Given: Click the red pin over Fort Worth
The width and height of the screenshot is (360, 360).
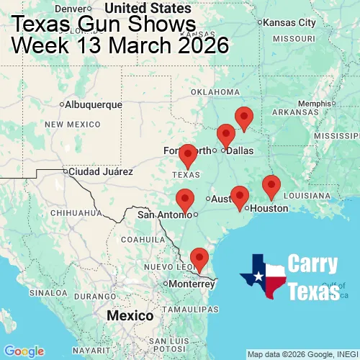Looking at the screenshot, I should click(188, 155).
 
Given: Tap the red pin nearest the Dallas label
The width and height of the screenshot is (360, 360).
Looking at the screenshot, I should click(226, 135).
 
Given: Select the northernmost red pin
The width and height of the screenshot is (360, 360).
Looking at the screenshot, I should click(245, 117).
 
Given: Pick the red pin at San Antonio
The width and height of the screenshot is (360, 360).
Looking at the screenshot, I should click(185, 199).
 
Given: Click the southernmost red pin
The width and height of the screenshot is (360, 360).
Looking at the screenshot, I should click(198, 257).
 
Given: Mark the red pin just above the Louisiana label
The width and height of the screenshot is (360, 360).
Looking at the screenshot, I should click(271, 185).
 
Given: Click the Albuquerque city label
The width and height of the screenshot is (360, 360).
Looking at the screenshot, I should click(93, 104).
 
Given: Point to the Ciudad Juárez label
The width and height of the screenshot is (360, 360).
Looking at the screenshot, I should click(101, 172).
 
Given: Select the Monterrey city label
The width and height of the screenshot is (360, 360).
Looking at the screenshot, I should click(192, 284).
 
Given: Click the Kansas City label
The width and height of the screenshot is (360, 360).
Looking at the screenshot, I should click(289, 22).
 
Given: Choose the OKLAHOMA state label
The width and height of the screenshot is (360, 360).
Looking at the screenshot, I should click(215, 92).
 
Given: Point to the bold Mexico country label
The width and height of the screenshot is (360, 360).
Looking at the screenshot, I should click(130, 316).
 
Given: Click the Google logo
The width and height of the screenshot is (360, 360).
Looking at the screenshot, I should click(24, 351).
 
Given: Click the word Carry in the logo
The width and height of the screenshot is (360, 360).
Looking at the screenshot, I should click(314, 264).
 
